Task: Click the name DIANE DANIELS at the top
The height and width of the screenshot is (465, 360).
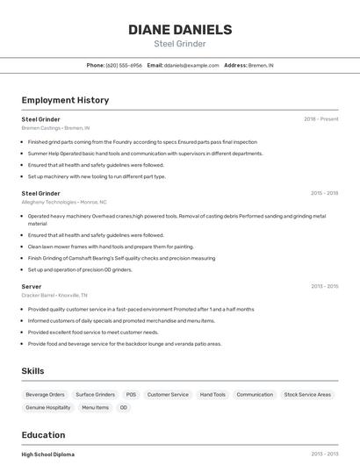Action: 180,29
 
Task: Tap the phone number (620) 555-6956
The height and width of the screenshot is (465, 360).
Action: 124,65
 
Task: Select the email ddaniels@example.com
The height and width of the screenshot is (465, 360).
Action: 191,65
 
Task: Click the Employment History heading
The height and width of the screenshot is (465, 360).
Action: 65,100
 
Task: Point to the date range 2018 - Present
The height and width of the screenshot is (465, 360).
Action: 320,118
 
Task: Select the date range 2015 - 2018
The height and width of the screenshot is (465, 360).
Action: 324,193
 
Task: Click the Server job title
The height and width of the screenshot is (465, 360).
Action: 32,286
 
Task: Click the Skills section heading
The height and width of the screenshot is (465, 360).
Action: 33,371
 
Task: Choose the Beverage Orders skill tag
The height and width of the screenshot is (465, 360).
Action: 45,395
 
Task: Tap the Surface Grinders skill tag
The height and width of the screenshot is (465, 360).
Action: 95,395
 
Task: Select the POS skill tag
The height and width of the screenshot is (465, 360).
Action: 131,395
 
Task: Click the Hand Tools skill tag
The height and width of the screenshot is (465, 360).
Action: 212,395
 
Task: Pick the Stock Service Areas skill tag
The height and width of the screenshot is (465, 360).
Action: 307,395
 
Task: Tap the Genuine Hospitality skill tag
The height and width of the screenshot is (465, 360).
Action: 48,408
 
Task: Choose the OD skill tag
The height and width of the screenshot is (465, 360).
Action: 124,408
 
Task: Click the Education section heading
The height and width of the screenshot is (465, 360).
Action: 43,435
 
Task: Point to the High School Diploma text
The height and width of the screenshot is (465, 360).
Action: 48,454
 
